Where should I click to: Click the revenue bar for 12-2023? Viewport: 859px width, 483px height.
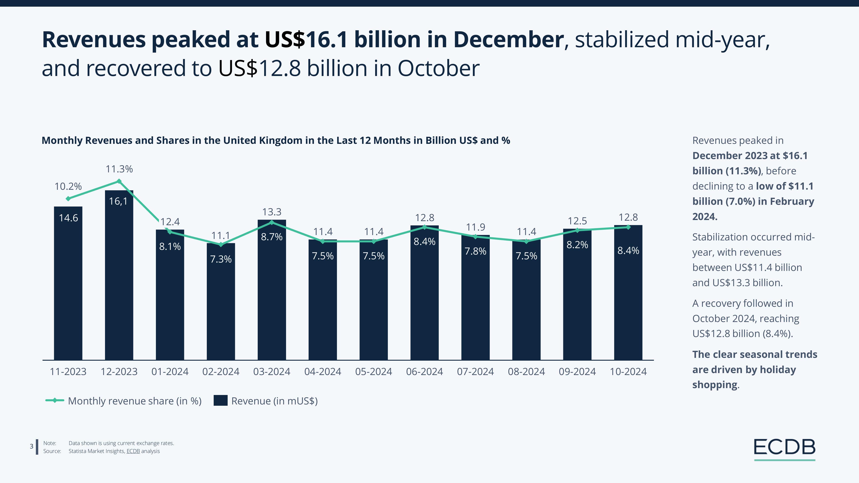pos(119,277)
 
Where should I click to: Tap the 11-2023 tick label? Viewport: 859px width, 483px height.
pos(68,372)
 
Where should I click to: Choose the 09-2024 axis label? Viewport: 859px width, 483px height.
pos(577,372)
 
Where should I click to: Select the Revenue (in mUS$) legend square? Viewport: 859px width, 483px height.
pos(220,400)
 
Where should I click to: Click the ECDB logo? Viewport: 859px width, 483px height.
pos(785,449)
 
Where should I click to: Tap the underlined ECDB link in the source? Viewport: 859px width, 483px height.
pos(133,451)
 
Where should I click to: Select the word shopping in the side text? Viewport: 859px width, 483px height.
pos(715,385)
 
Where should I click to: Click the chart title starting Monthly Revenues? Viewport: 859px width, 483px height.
pos(276,141)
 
